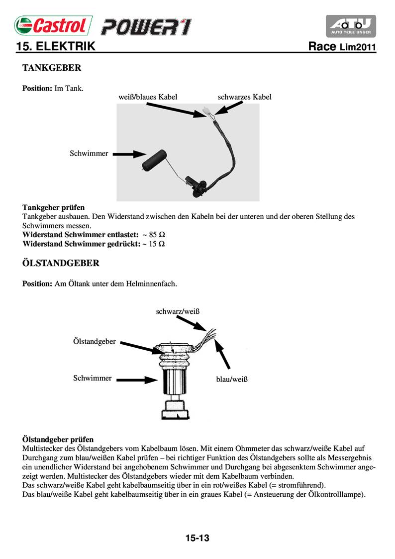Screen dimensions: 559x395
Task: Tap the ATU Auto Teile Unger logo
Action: (x=351, y=26)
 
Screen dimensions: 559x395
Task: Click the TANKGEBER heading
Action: (x=52, y=67)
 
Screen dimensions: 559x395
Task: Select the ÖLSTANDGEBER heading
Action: (x=61, y=263)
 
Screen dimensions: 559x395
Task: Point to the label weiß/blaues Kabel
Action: (x=148, y=97)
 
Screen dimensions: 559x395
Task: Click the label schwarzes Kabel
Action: (x=245, y=97)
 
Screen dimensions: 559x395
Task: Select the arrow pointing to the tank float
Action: (x=128, y=154)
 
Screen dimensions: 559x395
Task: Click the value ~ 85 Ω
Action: (x=154, y=234)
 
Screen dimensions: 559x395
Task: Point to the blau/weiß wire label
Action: (x=232, y=379)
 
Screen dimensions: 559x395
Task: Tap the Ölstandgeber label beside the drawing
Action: (x=95, y=341)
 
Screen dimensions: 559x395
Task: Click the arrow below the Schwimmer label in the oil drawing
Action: (x=137, y=380)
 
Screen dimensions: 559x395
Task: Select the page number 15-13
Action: (x=197, y=538)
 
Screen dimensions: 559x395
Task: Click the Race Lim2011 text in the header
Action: (x=342, y=47)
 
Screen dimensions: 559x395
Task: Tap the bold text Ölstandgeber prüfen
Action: (x=58, y=439)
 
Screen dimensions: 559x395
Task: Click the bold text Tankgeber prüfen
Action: (x=54, y=207)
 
